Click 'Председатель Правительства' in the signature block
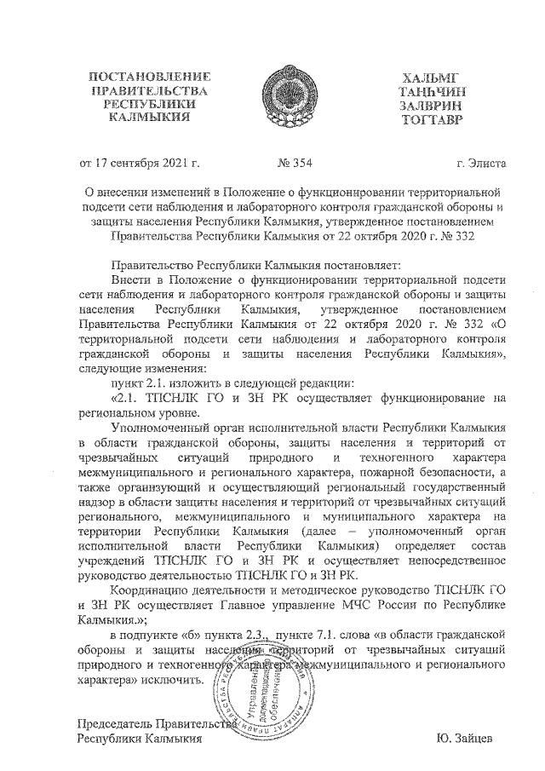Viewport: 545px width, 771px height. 155,723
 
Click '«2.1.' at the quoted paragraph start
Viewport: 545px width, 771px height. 128,397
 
